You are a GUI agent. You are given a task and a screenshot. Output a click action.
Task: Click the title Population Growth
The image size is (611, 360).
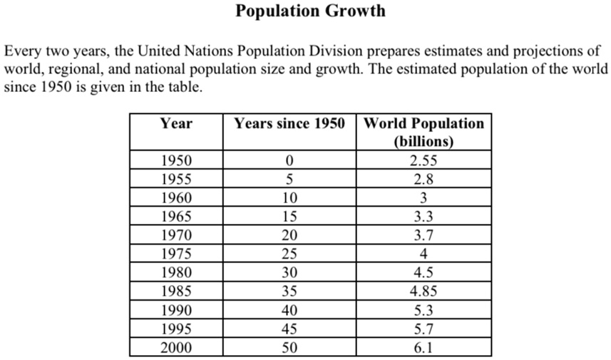(310, 11)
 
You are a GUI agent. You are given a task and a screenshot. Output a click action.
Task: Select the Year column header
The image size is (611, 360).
(176, 123)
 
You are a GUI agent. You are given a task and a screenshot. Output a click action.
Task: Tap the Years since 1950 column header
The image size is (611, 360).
(289, 123)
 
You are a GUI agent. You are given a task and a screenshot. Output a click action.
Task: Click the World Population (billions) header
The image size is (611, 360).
(423, 131)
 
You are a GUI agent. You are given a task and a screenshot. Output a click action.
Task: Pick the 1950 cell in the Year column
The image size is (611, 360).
(176, 160)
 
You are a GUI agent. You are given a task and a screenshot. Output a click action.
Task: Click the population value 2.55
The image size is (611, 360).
(423, 160)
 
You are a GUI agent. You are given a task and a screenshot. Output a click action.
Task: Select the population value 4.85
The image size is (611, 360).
(423, 291)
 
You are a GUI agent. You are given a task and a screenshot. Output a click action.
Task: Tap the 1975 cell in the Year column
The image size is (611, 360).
(176, 253)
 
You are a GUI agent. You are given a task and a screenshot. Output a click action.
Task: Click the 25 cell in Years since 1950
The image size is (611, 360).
(289, 253)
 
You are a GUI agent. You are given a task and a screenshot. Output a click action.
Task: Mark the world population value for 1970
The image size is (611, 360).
(423, 235)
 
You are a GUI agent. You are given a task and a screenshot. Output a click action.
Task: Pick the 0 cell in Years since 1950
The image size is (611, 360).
(289, 160)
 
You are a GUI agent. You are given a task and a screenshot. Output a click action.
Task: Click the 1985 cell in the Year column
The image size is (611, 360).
(176, 291)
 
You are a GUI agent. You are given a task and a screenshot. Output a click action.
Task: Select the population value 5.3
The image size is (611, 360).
(423, 309)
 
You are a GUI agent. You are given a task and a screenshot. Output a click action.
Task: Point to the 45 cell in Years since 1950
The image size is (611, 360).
(289, 329)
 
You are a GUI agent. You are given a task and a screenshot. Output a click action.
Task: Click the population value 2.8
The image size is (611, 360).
(423, 178)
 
